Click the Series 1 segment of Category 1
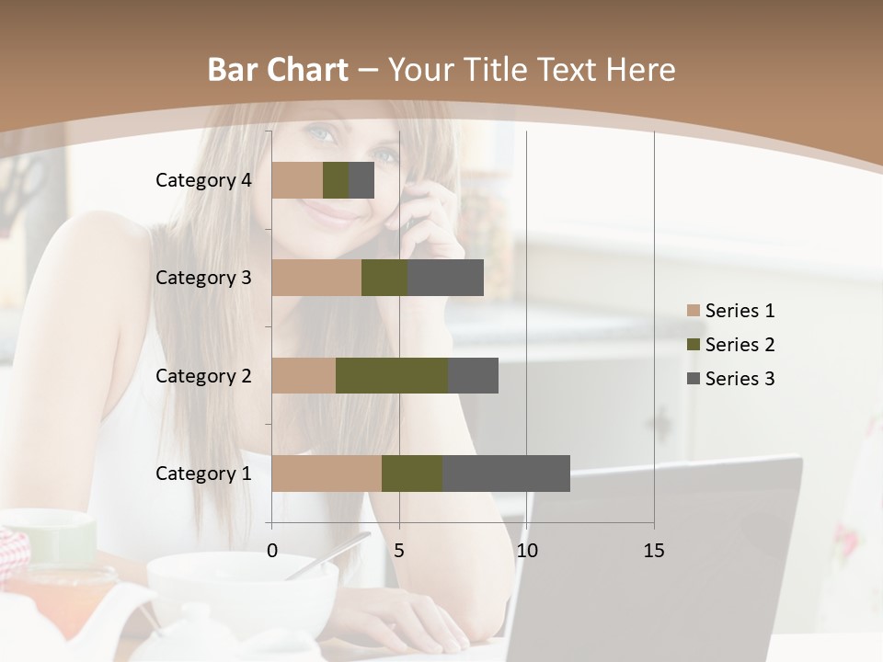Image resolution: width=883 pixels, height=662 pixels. pyautogui.click(x=327, y=474)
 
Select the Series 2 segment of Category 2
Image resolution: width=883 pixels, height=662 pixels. pyautogui.click(x=392, y=375)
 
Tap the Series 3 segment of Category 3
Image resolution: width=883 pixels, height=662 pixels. pyautogui.click(x=445, y=278)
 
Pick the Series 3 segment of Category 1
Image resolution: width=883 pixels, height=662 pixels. pyautogui.click(x=506, y=474)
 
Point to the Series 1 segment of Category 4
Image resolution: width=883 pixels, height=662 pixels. pyautogui.click(x=297, y=180)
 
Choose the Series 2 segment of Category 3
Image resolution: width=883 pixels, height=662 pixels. pyautogui.click(x=384, y=278)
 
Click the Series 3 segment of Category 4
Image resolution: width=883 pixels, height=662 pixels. pyautogui.click(x=361, y=180)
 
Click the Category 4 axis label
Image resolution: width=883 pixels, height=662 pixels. pyautogui.click(x=203, y=180)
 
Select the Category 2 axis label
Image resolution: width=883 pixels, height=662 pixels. pyautogui.click(x=203, y=375)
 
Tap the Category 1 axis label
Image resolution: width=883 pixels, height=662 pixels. pyautogui.click(x=203, y=474)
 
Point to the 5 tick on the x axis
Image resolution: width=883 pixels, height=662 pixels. pyautogui.click(x=399, y=551)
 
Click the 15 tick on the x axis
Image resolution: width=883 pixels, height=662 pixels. pyautogui.click(x=654, y=551)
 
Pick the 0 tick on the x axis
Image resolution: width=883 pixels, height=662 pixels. pyautogui.click(x=272, y=551)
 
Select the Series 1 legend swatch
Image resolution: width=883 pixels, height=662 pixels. pyautogui.click(x=694, y=311)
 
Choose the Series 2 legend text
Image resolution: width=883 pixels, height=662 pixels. pyautogui.click(x=740, y=345)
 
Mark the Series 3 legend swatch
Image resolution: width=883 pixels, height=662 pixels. pyautogui.click(x=694, y=379)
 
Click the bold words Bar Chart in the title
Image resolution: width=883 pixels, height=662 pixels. pyautogui.click(x=278, y=69)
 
